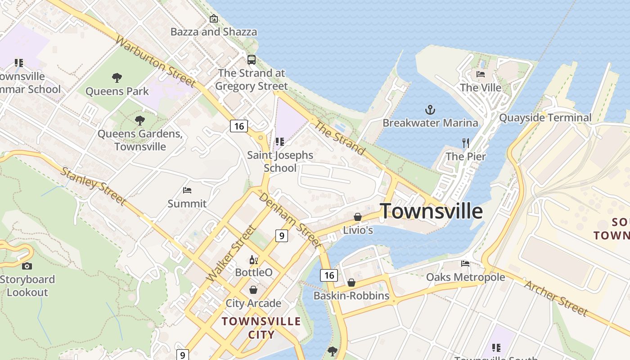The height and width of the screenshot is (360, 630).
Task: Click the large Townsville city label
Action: click(431, 211)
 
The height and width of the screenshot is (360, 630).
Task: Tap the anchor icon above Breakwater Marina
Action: click(431, 109)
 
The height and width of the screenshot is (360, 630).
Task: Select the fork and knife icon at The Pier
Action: click(466, 143)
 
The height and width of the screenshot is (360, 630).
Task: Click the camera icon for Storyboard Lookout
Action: click(27, 266)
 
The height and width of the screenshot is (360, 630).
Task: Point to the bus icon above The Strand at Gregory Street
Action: click(252, 59)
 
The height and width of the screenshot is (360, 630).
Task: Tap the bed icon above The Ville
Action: click(481, 74)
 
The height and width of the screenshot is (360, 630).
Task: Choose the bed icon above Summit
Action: click(187, 190)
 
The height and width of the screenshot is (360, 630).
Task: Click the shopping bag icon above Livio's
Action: click(358, 217)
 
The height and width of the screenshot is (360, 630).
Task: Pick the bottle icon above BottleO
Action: click(254, 260)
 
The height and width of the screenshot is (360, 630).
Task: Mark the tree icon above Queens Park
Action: click(117, 78)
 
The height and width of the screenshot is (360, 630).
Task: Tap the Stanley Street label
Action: click(93, 185)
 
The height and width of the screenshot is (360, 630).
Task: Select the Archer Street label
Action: click(556, 298)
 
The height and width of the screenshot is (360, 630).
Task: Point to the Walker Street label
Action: click(231, 253)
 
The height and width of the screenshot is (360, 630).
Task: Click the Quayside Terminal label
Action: click(545, 118)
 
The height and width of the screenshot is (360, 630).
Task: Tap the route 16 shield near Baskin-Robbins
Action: click(329, 275)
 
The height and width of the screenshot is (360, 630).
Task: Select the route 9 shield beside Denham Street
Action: click(281, 235)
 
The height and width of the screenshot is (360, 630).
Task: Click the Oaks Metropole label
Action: click(465, 277)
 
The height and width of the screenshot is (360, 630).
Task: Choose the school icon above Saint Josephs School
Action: click(280, 142)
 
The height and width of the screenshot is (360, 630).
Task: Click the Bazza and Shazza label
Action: click(214, 32)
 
